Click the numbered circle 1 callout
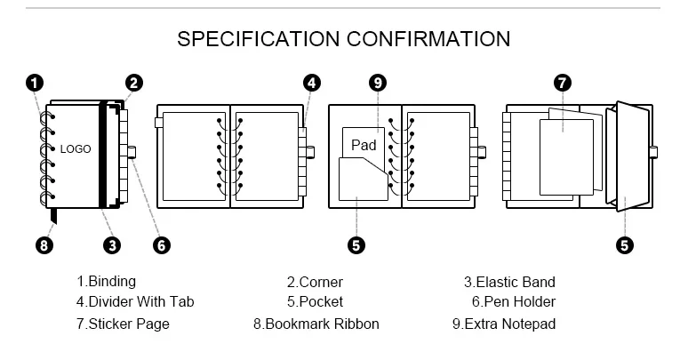coord(34,84)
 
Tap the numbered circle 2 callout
coord(133,84)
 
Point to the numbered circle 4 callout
coord(311,84)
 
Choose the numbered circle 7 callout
coord(562,84)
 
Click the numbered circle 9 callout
coord(379,84)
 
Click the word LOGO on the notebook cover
coord(76,149)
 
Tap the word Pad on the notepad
coord(364,145)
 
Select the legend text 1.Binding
coord(106,282)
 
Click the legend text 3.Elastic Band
coord(509,282)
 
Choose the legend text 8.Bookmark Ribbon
coord(316,324)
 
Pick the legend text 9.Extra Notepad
coord(504,324)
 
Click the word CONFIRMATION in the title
coord(428,38)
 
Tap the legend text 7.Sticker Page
coord(123,324)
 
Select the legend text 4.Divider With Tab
coord(134,302)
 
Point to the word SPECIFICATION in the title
coord(259,38)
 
